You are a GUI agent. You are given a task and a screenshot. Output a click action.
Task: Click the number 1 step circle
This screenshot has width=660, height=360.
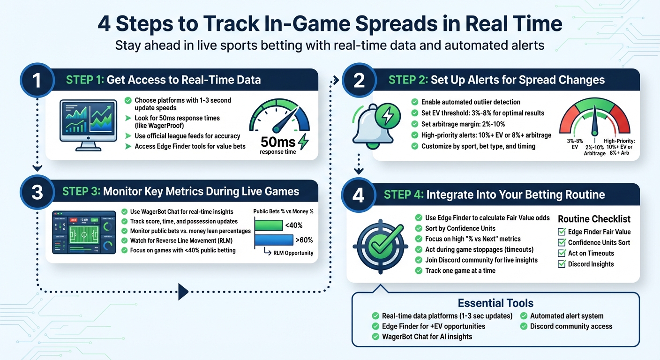pyautogui.click(x=37, y=80)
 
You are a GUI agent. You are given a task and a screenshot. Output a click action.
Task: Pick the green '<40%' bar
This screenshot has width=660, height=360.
pyautogui.click(x=268, y=225)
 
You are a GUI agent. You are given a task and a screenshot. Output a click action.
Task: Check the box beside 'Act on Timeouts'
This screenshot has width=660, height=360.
pyautogui.click(x=562, y=253)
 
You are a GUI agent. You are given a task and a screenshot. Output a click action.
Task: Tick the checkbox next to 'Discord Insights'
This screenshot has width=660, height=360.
pyautogui.click(x=562, y=264)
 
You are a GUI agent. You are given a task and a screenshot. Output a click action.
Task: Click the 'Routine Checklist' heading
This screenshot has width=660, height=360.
pyautogui.click(x=594, y=219)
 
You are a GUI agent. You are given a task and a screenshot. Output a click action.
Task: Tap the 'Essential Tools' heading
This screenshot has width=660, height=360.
pyautogui.click(x=495, y=303)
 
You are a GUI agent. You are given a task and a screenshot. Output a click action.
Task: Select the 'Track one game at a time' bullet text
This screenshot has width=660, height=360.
pyautogui.click(x=460, y=270)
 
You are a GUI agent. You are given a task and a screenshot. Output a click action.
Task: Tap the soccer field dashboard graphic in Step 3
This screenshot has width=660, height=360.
pyautogui.click(x=84, y=232)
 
